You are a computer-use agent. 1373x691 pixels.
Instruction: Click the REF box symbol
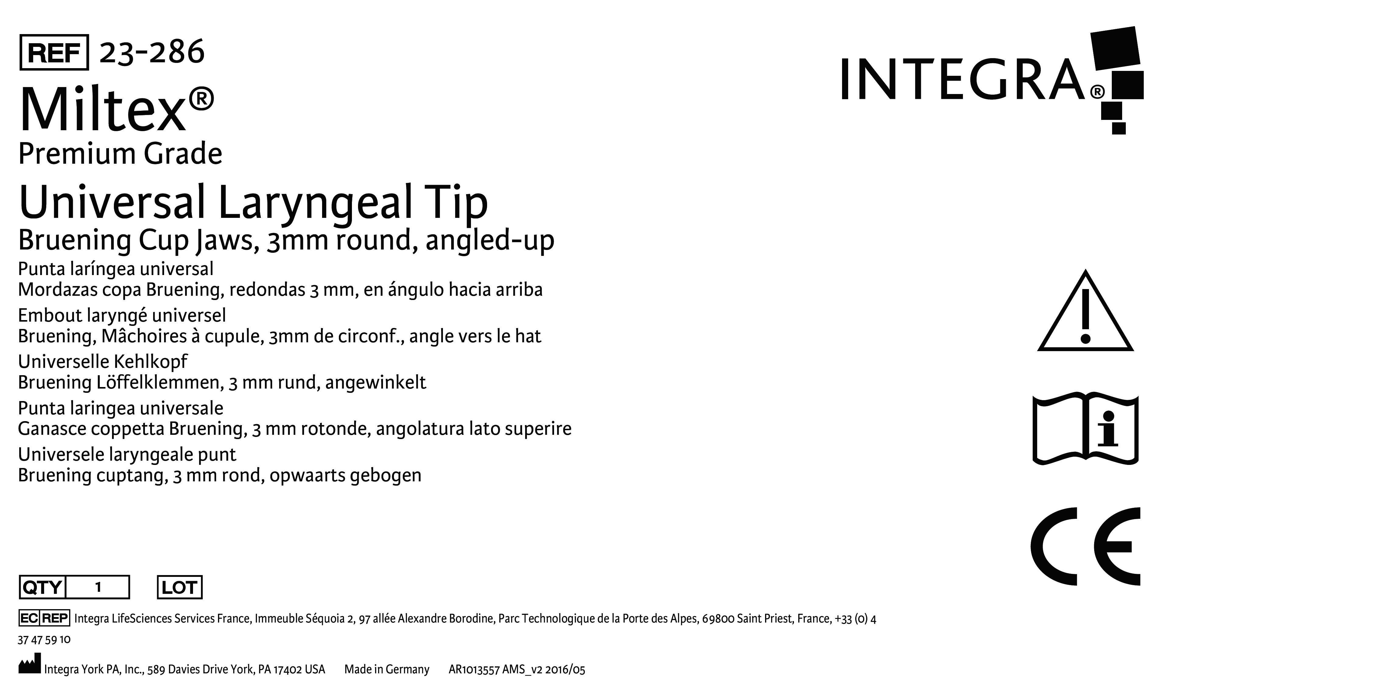(x=54, y=52)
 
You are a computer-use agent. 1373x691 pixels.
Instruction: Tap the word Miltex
(x=103, y=110)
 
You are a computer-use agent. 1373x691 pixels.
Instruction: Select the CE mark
(x=1085, y=546)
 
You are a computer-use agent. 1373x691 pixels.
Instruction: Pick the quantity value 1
(x=98, y=587)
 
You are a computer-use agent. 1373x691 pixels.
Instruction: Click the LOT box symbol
(x=180, y=587)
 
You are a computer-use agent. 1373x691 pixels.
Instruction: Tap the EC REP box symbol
(x=44, y=618)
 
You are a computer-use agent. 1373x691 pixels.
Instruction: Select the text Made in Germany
(x=386, y=669)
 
